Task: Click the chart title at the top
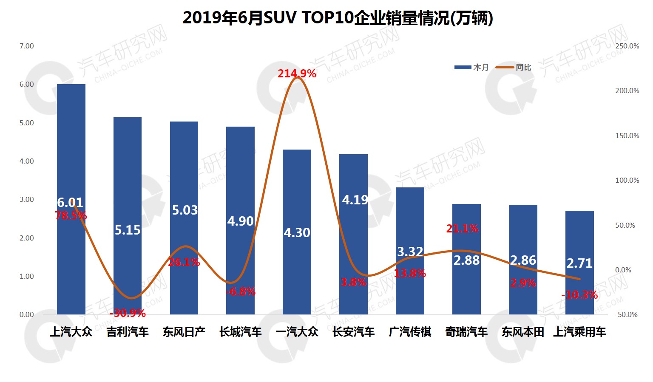[338, 18]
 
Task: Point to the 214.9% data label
[297, 74]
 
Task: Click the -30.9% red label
[128, 314]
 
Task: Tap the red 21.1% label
[462, 229]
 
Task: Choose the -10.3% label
[579, 295]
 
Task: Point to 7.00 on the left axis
[26, 46]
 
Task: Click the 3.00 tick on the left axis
[26, 199]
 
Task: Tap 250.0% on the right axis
[627, 46]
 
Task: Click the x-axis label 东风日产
[184, 332]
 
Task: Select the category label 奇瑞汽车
[466, 332]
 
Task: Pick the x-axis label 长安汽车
[353, 332]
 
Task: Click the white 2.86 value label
[523, 260]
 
